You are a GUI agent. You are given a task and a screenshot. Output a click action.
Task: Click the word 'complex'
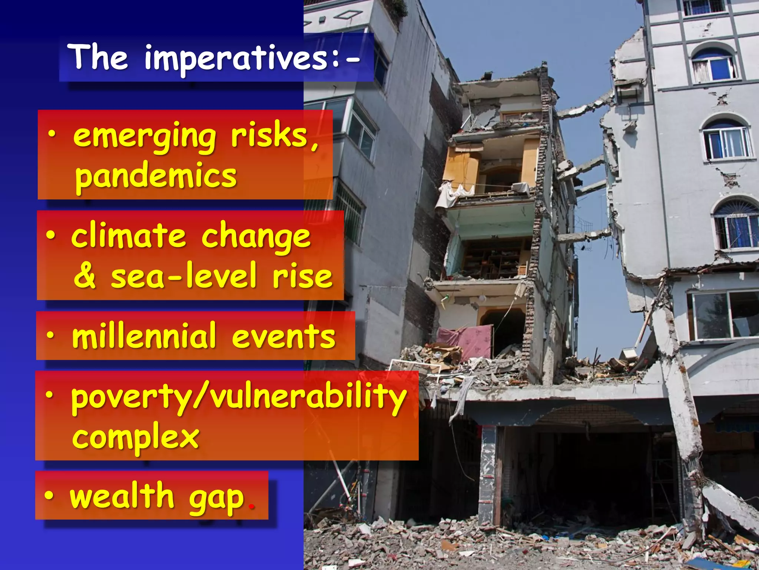click(x=136, y=437)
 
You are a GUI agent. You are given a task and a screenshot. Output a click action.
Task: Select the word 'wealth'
click(x=122, y=496)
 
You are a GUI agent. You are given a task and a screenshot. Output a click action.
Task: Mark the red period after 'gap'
click(x=252, y=506)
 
